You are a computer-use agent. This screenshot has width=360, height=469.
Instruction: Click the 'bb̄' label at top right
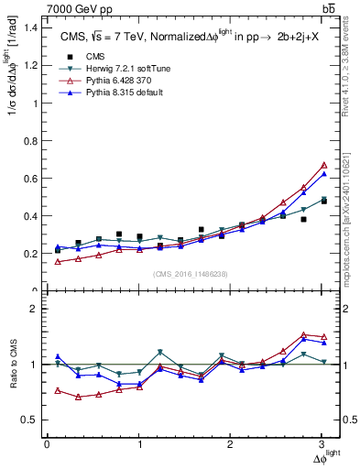point(329,9)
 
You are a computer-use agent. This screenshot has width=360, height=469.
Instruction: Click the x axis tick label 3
point(322,445)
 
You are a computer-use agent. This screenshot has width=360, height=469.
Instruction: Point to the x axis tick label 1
point(139,445)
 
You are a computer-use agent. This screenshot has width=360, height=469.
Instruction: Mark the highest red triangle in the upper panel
point(322,165)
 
